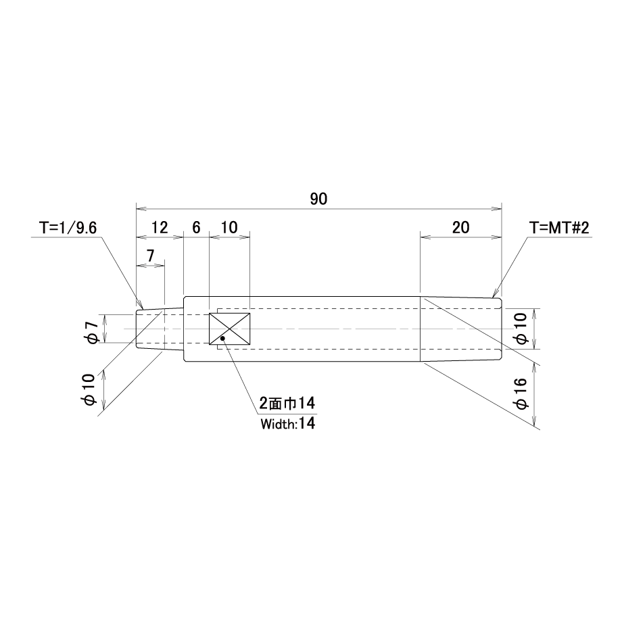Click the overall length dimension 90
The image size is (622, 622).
[318, 199]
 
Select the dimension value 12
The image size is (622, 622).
[160, 227]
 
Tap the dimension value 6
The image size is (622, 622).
[196, 227]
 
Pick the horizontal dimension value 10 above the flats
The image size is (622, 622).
[229, 227]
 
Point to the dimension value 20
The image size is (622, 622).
[460, 227]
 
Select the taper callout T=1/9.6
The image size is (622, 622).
[69, 227]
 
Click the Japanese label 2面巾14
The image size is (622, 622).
[287, 404]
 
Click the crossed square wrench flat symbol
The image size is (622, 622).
[230, 329]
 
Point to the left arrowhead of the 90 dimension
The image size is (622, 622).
[139, 208]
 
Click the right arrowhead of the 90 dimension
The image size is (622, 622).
[499, 208]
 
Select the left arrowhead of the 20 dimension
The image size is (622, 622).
[424, 237]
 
